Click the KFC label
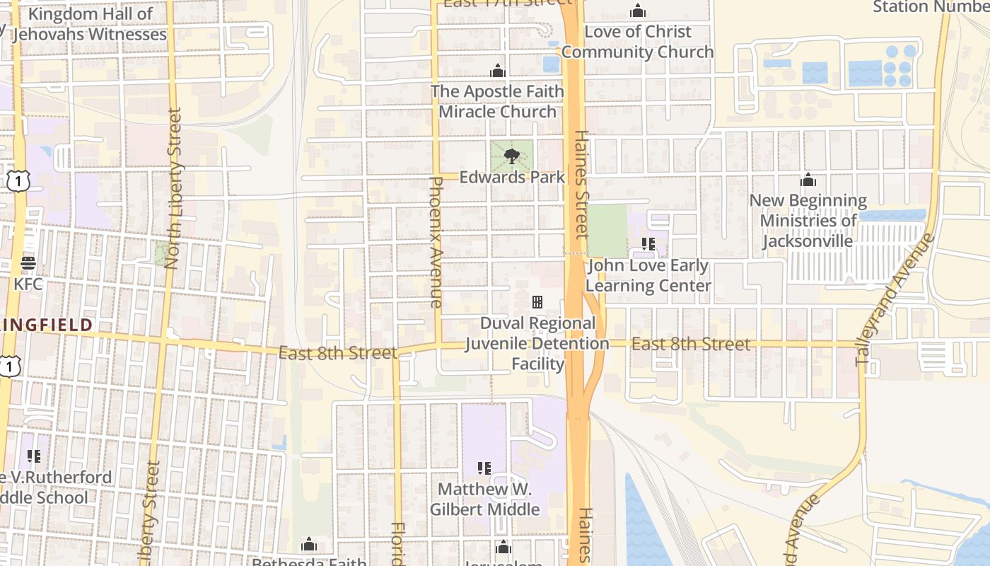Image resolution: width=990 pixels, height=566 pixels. (x=28, y=284)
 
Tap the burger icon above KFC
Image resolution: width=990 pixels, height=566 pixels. (x=28, y=263)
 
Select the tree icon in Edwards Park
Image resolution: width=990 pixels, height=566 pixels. (x=511, y=156)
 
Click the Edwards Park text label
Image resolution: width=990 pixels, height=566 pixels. (x=512, y=177)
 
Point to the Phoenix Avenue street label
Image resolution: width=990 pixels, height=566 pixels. (x=436, y=241)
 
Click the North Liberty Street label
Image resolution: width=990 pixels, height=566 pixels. (x=173, y=188)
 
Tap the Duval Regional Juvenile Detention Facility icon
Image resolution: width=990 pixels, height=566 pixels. (x=537, y=302)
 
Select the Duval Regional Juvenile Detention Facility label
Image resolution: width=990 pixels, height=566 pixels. (x=537, y=344)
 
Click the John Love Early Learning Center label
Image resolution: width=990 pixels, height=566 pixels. (x=648, y=276)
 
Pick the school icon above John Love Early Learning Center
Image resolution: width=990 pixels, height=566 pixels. (x=648, y=244)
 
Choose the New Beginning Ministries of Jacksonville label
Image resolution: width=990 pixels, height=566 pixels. (x=808, y=221)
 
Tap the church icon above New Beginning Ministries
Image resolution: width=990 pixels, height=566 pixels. (x=808, y=180)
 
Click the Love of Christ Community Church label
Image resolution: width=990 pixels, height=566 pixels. (x=638, y=42)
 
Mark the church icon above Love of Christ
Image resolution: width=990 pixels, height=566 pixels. (x=638, y=11)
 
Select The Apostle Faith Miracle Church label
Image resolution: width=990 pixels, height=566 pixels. (x=498, y=101)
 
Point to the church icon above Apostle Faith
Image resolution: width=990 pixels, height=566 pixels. (x=498, y=71)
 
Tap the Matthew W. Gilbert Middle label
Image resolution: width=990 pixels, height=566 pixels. (x=485, y=499)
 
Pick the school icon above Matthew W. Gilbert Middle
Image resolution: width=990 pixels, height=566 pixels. (x=484, y=468)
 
